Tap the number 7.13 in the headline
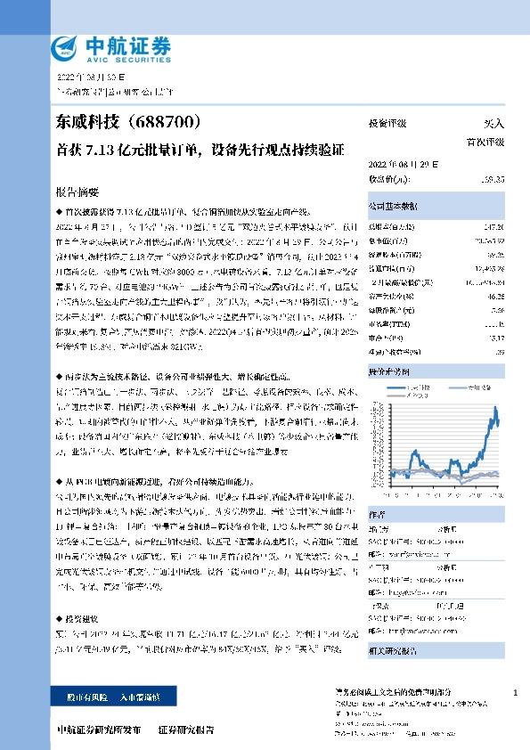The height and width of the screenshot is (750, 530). click(x=108, y=147)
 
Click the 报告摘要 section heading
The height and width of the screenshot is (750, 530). click(x=77, y=192)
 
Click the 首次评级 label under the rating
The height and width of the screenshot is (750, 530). click(x=485, y=142)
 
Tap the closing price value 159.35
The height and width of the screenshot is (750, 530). click(x=492, y=180)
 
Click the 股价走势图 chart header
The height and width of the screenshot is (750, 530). click(x=436, y=346)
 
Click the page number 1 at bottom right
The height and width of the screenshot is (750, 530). click(x=517, y=692)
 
